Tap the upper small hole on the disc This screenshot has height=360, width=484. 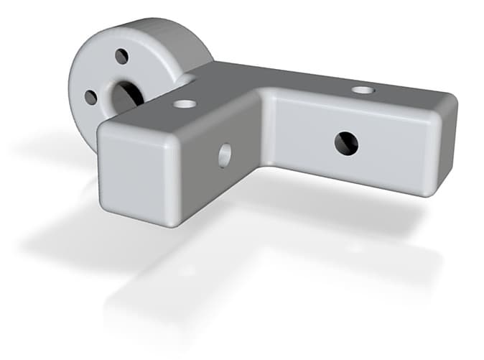[121, 56]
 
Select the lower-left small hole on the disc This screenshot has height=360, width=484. [90, 97]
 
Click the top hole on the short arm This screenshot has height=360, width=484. [185, 103]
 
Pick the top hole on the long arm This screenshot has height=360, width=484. [363, 91]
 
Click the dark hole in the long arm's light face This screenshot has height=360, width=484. [345, 143]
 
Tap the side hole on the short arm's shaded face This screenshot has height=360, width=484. [225, 154]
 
